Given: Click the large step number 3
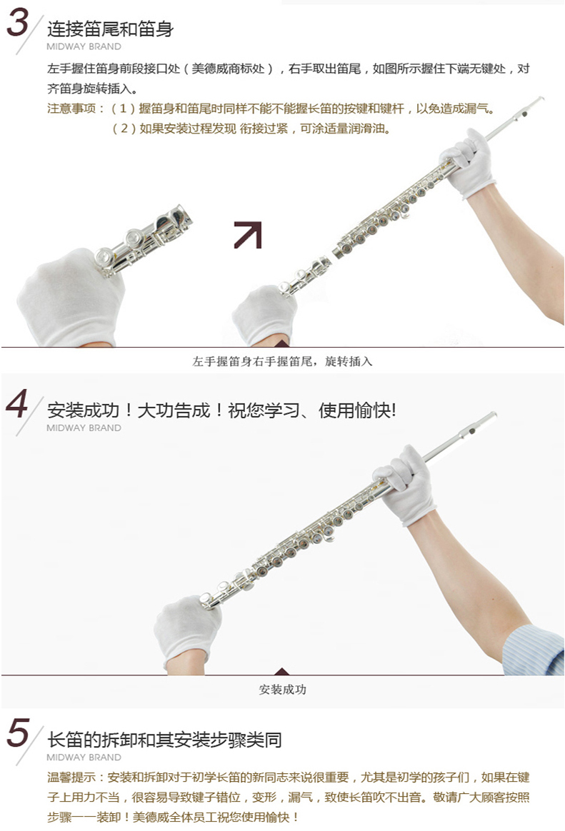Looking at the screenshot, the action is tap(17, 23).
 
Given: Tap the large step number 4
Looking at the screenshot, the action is tap(17, 404).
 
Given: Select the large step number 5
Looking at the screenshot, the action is tap(18, 732).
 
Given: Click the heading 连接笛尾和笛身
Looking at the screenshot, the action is tap(110, 29).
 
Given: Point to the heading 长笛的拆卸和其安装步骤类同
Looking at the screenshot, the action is tap(164, 740).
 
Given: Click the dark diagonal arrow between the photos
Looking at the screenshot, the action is tap(248, 235).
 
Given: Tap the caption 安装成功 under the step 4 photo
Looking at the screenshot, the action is tap(283, 690).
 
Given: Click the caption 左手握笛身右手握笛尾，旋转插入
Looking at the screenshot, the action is tap(283, 361).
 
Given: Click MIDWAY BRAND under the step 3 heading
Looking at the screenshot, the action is tap(84, 46).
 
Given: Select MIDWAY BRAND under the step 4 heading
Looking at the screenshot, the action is tap(84, 428).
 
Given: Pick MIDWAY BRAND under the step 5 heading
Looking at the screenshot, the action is tap(84, 757).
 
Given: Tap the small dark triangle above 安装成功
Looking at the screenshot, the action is tap(282, 672).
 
